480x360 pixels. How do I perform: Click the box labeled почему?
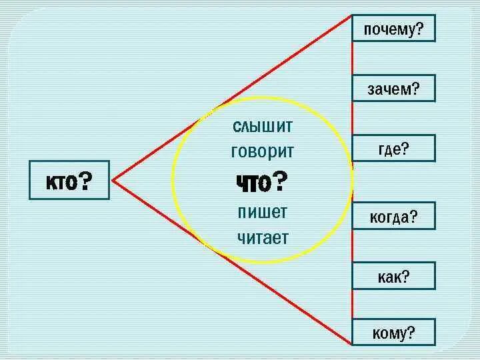393,28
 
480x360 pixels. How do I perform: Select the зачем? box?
393,88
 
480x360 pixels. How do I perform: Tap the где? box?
393,148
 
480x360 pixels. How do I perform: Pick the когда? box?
393,216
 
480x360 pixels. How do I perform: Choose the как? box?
393,276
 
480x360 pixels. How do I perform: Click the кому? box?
393,332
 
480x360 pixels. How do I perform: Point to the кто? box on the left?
69,180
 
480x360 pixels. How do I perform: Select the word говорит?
262,151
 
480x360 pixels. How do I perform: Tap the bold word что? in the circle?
262,181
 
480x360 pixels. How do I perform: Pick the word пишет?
262,212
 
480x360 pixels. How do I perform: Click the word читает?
262,237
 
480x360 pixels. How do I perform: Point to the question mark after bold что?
281,180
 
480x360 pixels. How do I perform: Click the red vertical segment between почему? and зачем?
353,59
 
